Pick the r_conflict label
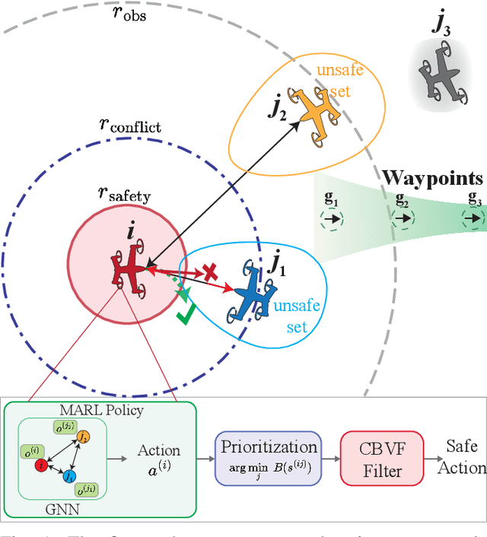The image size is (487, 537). [130, 126]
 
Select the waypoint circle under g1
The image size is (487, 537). [331, 219]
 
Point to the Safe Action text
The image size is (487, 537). [461, 456]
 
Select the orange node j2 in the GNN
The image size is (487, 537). [83, 436]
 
